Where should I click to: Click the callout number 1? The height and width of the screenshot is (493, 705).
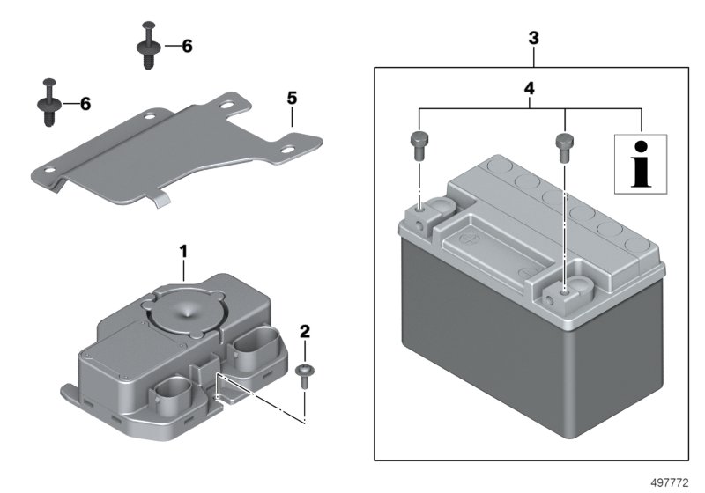[183, 252]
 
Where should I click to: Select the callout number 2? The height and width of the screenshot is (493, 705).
[305, 332]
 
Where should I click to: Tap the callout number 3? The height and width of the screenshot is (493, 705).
[533, 39]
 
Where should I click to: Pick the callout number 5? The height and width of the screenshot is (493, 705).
[292, 97]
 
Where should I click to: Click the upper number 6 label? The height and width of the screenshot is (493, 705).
[186, 46]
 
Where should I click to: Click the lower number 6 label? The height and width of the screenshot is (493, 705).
[85, 104]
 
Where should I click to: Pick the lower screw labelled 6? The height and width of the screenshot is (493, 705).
[46, 102]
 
